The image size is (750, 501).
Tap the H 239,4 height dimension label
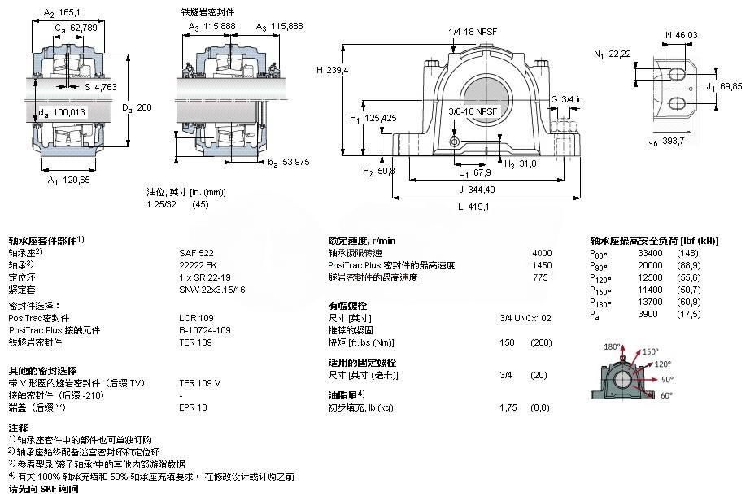(x=333, y=70)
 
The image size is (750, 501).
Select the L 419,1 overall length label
(x=473, y=207)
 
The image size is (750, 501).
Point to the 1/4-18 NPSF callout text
(x=473, y=32)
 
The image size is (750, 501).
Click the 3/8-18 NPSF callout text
(x=473, y=111)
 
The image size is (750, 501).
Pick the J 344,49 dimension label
(x=477, y=190)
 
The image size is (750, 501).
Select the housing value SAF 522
(x=197, y=253)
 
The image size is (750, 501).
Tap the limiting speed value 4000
(x=542, y=253)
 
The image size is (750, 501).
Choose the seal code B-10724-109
(x=205, y=330)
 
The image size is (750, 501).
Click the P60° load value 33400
(x=650, y=253)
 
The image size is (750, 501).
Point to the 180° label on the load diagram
(x=612, y=346)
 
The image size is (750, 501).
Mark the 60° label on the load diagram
(x=666, y=395)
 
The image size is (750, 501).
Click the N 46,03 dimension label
(x=682, y=35)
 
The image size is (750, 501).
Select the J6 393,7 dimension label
(x=666, y=142)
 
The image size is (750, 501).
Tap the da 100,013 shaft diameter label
(x=62, y=113)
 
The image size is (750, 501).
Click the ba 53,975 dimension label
(x=289, y=163)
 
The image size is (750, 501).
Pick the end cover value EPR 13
(x=194, y=407)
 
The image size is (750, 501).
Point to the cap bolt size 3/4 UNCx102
(x=525, y=318)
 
